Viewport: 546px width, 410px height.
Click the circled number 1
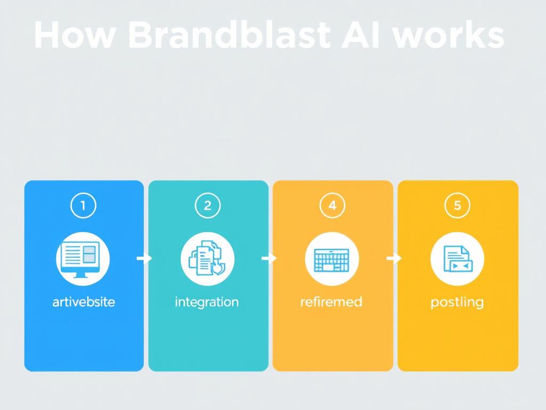(83, 205)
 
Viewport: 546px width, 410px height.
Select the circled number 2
(208, 205)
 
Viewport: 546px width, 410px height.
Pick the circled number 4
(332, 205)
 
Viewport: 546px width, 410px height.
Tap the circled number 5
(457, 205)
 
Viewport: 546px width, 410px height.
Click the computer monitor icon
(83, 257)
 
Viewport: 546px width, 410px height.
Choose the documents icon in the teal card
(207, 258)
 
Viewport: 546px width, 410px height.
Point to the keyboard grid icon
(332, 259)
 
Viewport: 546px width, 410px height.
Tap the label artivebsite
(84, 302)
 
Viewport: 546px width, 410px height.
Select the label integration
(207, 302)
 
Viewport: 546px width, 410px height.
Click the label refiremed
(331, 302)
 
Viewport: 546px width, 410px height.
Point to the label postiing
(457, 303)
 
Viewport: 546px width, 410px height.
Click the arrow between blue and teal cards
(144, 258)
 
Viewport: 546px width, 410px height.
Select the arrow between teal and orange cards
(269, 258)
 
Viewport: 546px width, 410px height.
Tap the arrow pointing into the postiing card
(394, 258)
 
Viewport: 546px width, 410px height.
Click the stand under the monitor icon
(83, 274)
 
